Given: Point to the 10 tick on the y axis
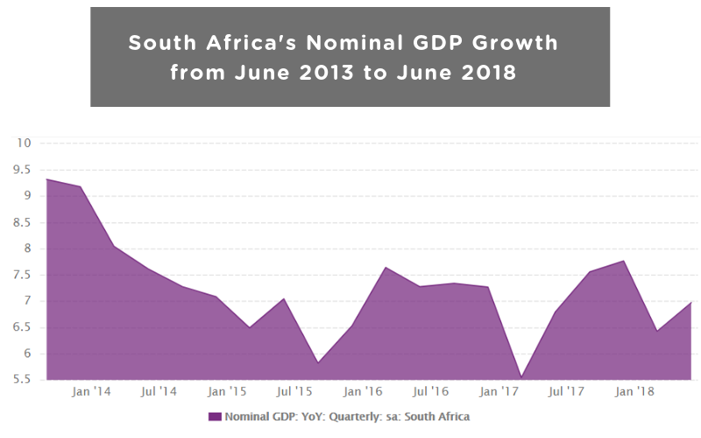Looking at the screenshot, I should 23,143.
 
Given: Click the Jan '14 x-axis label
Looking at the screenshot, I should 90,392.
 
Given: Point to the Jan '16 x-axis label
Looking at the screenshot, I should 363,392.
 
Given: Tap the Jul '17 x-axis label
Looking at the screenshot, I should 567,392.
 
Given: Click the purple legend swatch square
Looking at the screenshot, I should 214,417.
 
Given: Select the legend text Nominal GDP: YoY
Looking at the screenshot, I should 271,417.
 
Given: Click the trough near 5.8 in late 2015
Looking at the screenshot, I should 317,363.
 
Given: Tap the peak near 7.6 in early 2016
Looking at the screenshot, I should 386,267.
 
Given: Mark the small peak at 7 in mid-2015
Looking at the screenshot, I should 284,299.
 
